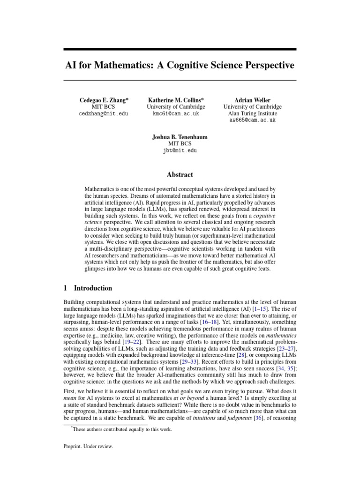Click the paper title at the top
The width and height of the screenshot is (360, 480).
[x=180, y=65]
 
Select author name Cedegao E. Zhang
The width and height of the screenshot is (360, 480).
[x=103, y=100]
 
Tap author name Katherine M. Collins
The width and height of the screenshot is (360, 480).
[x=176, y=100]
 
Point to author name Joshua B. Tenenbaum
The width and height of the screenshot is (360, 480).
[x=180, y=137]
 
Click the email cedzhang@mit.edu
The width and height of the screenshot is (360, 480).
[x=103, y=113]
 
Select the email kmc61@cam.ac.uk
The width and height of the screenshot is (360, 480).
[x=176, y=113]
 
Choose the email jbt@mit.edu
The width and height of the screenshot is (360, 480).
[x=180, y=150]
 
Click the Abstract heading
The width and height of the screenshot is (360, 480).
[x=180, y=174]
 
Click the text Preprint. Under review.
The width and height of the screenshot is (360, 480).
[x=88, y=447]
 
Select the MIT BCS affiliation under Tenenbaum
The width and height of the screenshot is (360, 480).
[x=180, y=144]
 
